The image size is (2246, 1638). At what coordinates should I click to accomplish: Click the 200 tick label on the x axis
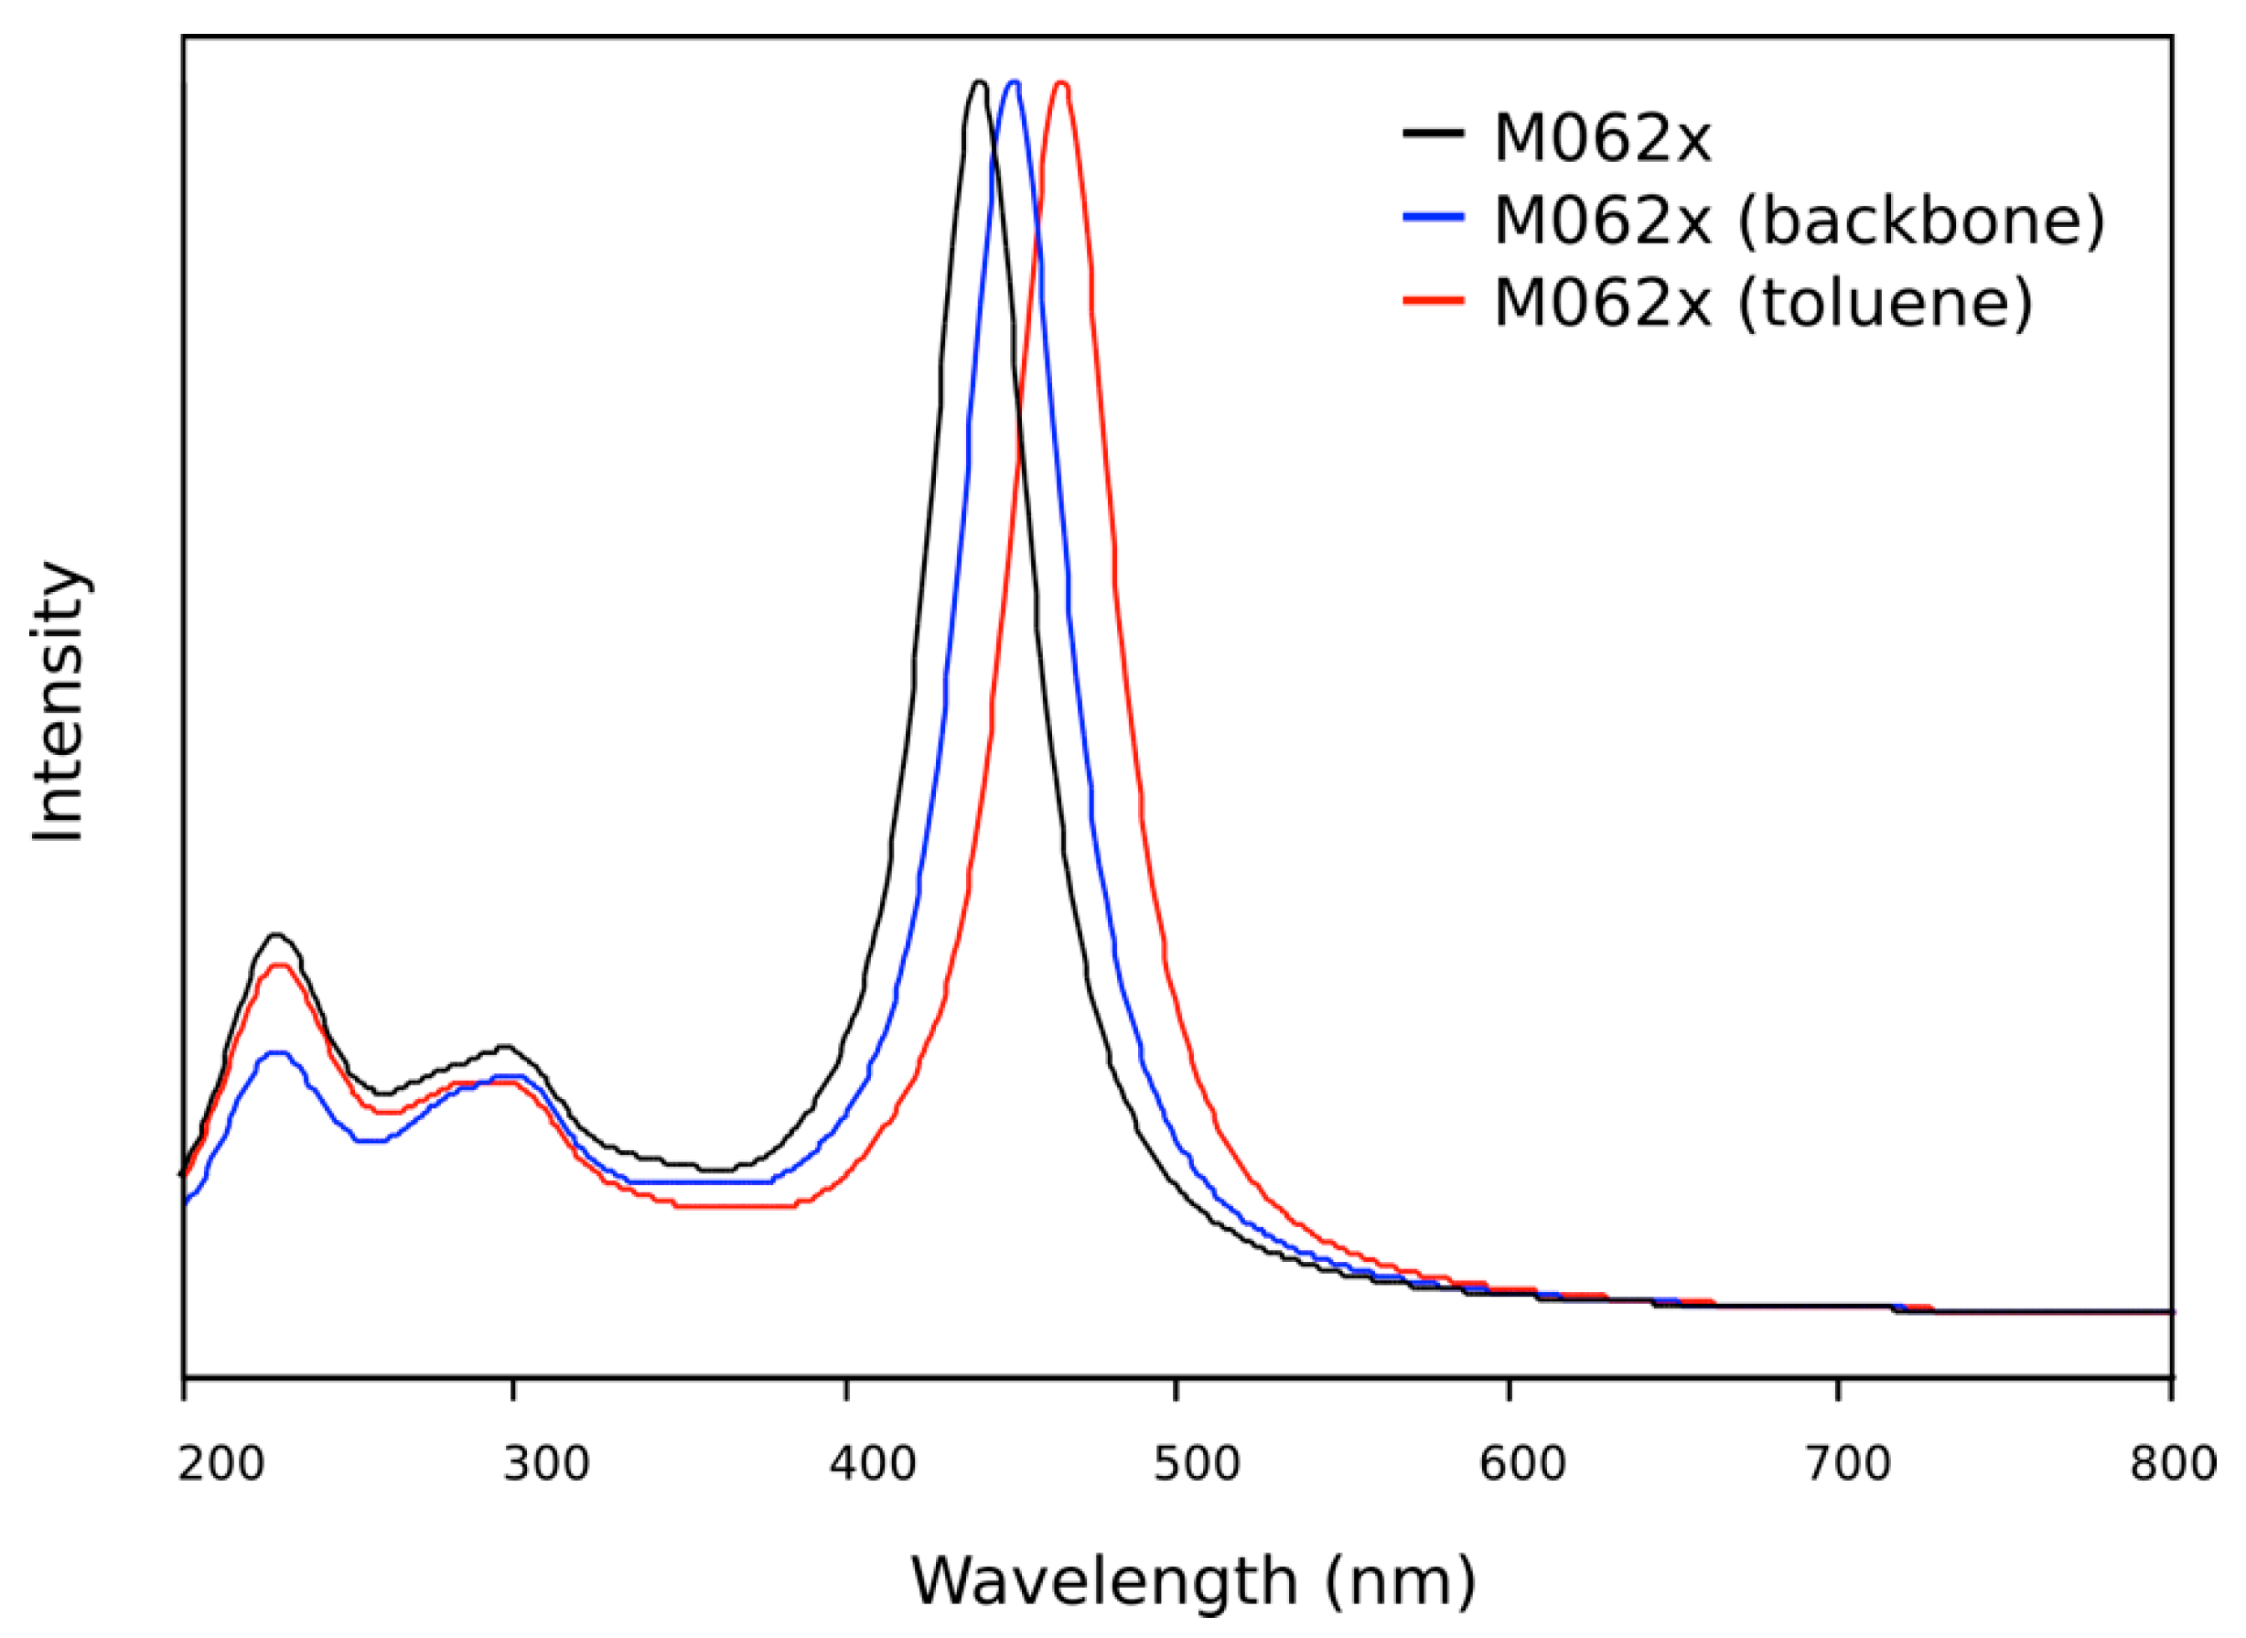221,1464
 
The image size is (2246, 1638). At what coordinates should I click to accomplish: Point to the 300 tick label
546,1464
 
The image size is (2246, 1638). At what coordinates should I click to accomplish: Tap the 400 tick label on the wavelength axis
873,1464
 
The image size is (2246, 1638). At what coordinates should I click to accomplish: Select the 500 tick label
1198,1464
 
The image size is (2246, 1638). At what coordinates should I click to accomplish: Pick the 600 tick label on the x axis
1522,1464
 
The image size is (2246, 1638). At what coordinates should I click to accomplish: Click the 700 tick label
1847,1464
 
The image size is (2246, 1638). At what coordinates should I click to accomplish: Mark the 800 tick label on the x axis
2173,1464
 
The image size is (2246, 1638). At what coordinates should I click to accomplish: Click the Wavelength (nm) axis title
1193,1580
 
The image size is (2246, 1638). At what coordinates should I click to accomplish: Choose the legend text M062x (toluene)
1763,301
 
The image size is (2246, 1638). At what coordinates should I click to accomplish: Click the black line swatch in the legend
1434,132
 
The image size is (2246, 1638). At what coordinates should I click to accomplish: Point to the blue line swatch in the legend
1434,215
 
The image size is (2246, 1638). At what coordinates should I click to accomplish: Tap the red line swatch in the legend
1434,298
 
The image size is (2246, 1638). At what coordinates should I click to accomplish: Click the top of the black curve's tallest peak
978,82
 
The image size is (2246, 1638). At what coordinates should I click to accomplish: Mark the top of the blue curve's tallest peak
1013,82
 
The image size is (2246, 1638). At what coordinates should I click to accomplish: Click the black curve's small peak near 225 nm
276,934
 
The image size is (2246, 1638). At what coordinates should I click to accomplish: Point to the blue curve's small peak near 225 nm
277,1052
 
